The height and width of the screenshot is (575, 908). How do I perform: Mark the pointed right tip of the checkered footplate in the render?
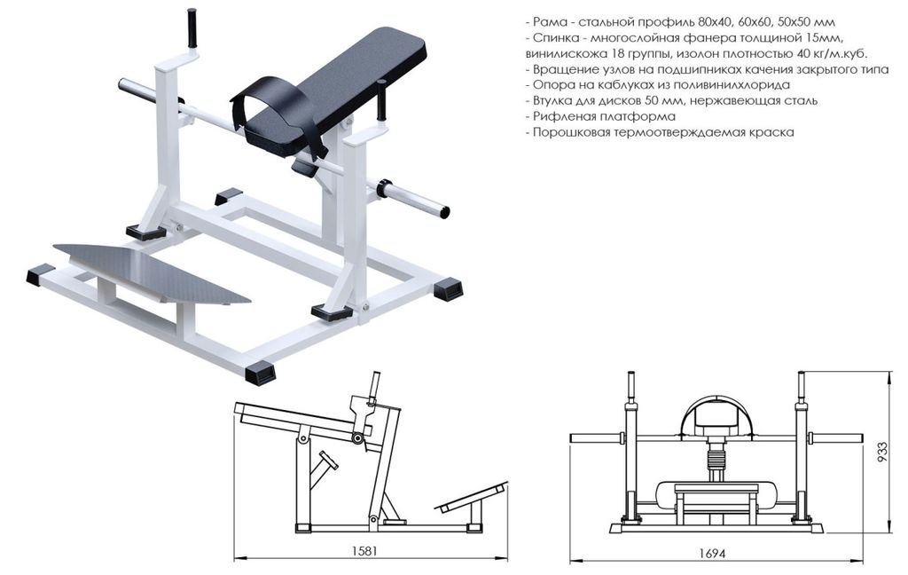pos(250,302)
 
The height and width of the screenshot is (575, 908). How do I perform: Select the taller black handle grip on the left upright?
pos(192,28)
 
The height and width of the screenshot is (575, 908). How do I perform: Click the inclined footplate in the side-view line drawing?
pos(472,496)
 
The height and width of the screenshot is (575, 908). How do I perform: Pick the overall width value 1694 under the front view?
pos(712,553)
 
